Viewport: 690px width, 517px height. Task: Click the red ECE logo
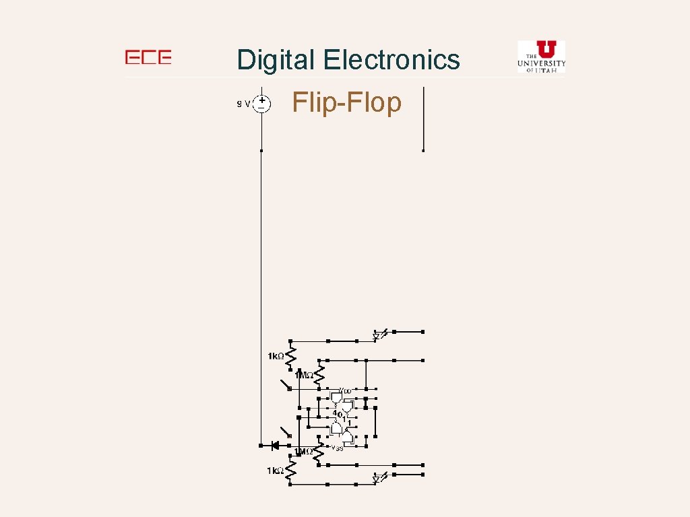(148, 58)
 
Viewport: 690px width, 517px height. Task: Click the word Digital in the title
(276, 60)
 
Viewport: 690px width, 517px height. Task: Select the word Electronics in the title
(391, 60)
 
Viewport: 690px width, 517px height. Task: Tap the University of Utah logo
(541, 56)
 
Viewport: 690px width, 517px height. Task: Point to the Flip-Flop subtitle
(347, 102)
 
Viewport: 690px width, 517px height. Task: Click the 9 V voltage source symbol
(261, 103)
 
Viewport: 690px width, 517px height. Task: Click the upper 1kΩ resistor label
(275, 356)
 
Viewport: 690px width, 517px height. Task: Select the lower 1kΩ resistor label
(275, 471)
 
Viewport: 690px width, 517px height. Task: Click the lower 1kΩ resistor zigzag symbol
(291, 471)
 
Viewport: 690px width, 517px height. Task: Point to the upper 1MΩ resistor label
(303, 374)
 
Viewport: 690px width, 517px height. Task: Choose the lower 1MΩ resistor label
(303, 452)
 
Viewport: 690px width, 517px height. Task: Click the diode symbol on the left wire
(274, 445)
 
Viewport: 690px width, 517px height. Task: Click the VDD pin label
(344, 390)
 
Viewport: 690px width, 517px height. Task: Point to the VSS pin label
(336, 448)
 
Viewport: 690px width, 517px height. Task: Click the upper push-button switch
(286, 385)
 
